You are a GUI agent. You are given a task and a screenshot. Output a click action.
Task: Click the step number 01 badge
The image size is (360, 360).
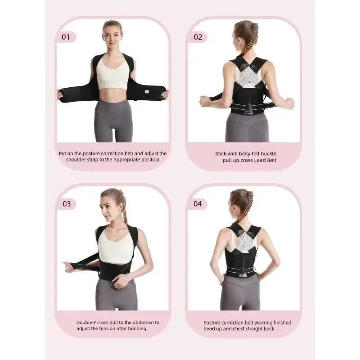[x=66, y=37]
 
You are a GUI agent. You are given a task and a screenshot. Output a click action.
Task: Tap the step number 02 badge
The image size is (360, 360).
[x=198, y=37]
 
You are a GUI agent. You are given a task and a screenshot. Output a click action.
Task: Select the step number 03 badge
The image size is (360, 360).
[x=67, y=204]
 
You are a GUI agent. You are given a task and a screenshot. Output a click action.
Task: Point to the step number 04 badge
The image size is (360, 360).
[x=198, y=204]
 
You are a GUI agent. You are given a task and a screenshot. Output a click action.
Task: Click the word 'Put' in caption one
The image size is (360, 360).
[x=64, y=153]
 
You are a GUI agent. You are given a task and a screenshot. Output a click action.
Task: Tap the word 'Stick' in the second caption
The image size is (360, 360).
[x=221, y=153]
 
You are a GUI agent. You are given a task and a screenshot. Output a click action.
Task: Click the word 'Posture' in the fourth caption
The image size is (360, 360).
[x=212, y=322]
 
